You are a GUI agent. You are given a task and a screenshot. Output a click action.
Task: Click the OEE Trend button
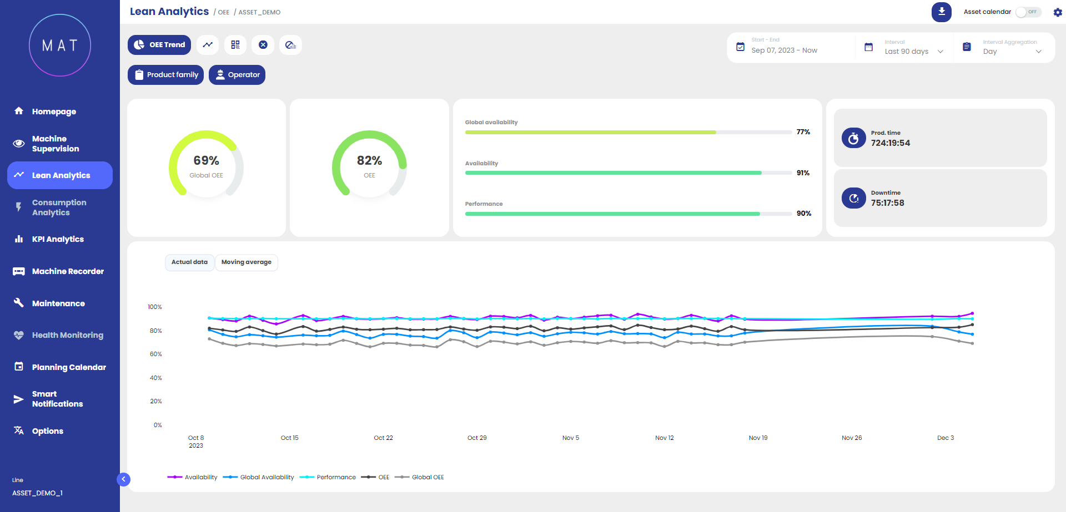159,45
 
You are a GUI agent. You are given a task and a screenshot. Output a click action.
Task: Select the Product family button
166,75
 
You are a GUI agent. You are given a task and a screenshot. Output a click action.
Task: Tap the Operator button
237,75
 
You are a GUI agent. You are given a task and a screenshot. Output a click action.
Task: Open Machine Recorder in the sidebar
68,271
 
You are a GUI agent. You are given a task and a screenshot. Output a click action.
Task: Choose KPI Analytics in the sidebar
58,239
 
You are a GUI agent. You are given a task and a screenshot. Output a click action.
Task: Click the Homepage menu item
54,111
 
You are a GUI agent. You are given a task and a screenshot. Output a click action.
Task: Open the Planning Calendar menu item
69,367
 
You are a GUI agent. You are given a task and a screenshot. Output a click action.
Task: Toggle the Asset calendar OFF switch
1028,12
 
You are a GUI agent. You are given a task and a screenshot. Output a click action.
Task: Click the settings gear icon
1058,12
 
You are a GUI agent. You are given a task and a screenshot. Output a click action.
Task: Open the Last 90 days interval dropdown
913,51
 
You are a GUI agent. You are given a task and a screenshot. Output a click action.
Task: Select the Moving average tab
247,262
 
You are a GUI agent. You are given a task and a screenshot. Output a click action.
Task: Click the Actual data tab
189,262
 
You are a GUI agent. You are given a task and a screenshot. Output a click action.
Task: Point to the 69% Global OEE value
206,161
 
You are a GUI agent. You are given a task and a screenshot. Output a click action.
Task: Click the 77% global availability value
803,132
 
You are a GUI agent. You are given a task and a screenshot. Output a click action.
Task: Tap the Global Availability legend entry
266,477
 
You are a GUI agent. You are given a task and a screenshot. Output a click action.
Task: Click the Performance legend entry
336,477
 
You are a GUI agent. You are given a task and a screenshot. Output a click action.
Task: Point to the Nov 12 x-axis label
664,438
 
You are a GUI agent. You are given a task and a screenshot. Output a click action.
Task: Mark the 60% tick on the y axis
156,354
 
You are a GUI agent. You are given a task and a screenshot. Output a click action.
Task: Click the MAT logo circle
60,45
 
